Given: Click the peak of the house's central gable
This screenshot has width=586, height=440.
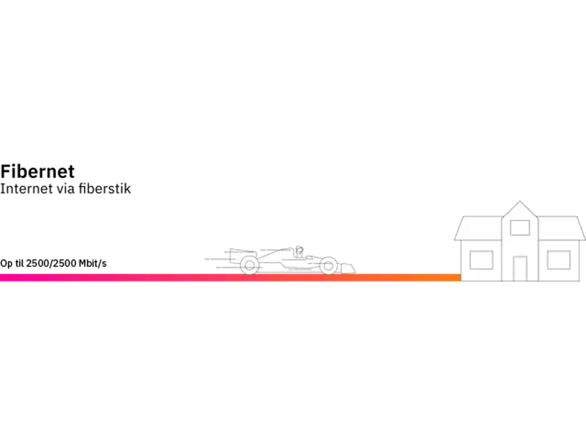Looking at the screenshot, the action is (x=520, y=201).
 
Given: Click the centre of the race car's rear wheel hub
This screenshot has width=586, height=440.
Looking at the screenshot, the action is (x=250, y=265).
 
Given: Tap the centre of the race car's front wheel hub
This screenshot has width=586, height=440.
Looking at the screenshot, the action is (x=328, y=265).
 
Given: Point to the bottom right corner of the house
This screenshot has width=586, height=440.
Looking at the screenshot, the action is (x=580, y=281).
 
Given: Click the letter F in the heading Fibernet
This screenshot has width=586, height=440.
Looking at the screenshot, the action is (x=6, y=171).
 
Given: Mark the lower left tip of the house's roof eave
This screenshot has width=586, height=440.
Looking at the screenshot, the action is (x=454, y=240).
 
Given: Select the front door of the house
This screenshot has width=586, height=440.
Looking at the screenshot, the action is (x=520, y=269).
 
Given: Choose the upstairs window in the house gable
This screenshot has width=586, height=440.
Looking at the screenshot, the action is (x=520, y=228).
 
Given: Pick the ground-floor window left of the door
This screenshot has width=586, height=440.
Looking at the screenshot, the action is (x=481, y=260).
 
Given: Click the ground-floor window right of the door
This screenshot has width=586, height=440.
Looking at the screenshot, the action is (x=559, y=260).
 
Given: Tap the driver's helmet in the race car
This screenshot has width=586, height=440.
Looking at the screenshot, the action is (x=299, y=249).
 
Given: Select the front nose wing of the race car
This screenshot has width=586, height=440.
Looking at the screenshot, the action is (x=348, y=268).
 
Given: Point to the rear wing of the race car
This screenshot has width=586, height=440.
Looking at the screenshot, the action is (x=236, y=255).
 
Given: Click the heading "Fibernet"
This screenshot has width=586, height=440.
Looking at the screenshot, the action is (x=37, y=171).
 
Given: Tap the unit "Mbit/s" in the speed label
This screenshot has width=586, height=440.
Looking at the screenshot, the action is (x=93, y=264).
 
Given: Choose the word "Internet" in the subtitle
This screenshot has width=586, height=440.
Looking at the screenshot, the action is (x=26, y=189).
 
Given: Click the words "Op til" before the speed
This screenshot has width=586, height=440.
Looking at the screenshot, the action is (x=12, y=264).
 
